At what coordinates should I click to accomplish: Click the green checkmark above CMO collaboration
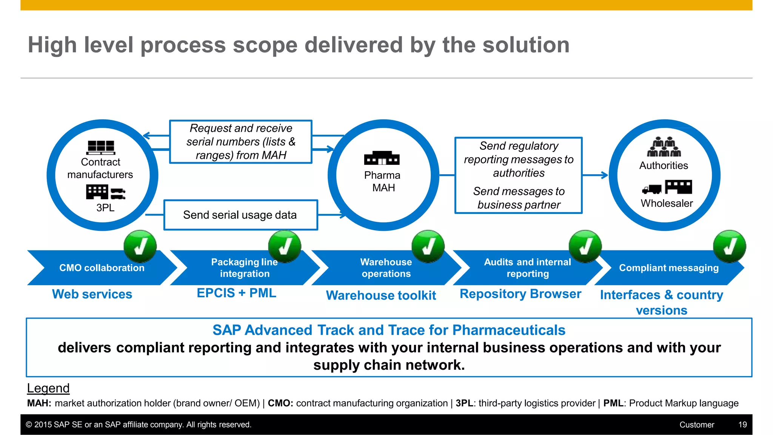(140, 246)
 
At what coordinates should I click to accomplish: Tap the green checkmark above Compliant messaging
(729, 246)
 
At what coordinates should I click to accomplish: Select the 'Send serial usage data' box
(240, 215)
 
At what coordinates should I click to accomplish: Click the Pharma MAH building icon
(382, 158)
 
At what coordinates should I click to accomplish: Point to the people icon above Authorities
(664, 147)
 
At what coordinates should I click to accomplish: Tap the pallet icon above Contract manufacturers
(101, 147)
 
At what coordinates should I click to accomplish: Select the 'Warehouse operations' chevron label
(386, 268)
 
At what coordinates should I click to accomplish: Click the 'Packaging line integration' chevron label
(245, 268)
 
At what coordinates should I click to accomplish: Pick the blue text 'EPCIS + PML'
(237, 293)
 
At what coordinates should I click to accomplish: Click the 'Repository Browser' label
(520, 294)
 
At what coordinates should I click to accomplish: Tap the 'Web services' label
(92, 294)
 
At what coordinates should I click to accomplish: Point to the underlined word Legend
(48, 388)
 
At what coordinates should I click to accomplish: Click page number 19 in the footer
(742, 425)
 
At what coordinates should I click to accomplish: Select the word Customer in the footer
(697, 425)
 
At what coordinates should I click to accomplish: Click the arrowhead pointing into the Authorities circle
(605, 175)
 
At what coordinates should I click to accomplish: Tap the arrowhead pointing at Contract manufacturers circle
(146, 136)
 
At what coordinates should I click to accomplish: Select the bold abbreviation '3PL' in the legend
(464, 403)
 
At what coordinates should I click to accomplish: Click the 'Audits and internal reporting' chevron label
(527, 268)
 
